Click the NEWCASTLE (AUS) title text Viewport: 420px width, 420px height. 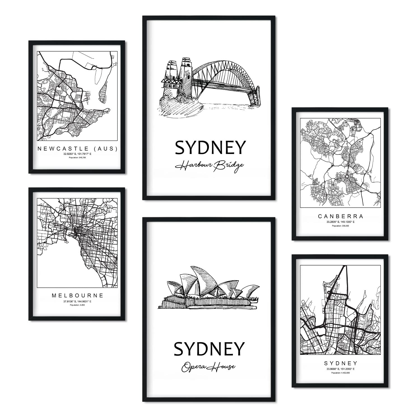pos(77,149)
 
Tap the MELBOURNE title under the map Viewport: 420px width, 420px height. pos(77,295)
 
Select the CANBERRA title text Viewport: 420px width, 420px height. pos(340,216)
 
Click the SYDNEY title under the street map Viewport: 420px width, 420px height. pos(340,363)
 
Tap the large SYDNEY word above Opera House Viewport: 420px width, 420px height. pos(209,349)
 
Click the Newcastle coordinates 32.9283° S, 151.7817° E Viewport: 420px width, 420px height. pos(77,154)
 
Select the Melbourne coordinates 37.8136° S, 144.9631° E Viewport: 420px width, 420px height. pos(77,301)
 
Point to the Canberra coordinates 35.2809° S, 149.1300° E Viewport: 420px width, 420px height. pos(340,222)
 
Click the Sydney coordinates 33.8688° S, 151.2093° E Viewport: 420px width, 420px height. pos(340,369)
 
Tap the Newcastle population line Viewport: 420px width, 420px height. pos(77,158)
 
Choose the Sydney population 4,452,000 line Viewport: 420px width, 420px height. pos(340,373)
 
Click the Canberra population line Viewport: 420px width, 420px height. pos(340,225)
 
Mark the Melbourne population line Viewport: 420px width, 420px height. pos(77,305)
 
